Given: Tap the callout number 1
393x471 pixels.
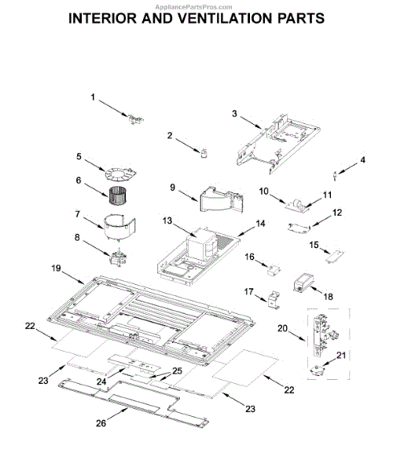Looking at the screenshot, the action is (x=93, y=97).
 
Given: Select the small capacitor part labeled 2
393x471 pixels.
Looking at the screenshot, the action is (x=205, y=154).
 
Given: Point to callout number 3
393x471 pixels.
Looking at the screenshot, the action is (x=234, y=114).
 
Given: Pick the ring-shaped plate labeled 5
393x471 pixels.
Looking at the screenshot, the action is (x=120, y=174).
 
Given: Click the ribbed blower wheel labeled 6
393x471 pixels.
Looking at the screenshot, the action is (x=117, y=195).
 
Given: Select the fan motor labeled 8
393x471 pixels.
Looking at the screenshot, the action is (x=118, y=258).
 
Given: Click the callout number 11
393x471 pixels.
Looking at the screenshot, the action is (x=327, y=195).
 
